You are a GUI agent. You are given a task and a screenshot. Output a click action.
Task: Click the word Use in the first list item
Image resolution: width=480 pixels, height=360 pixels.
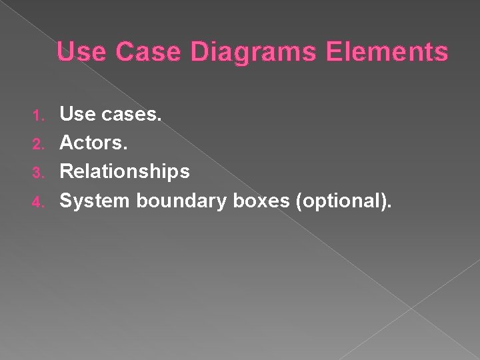pos(79,115)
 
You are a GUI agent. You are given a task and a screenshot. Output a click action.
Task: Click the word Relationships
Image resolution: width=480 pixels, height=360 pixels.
pos(125,172)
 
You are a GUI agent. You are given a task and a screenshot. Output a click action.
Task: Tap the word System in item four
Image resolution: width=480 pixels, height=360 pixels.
pos(95,200)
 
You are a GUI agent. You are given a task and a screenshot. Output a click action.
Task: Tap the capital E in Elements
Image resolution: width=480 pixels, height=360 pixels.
pos(333,51)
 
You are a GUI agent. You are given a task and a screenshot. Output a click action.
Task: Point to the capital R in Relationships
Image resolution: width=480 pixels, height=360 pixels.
pos(67,171)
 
